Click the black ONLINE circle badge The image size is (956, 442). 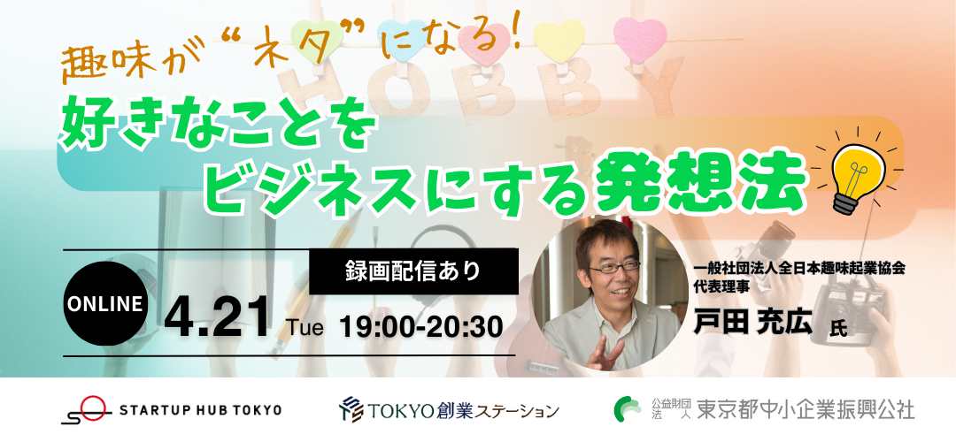[x=105, y=304]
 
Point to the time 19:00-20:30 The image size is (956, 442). [x=421, y=328]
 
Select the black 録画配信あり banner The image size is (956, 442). [x=414, y=271]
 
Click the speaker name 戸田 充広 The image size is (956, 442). [x=753, y=322]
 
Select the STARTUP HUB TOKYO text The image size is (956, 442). [x=201, y=409]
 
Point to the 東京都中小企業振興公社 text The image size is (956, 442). [x=806, y=409]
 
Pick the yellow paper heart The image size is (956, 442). [x=559, y=40]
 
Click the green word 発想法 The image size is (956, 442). [x=698, y=181]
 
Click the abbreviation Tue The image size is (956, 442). [x=306, y=329]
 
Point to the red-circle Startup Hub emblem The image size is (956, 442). [x=86, y=409]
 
